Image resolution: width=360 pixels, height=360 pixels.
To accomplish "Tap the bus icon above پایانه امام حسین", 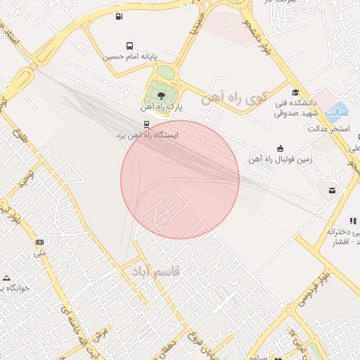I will (x=128, y=45).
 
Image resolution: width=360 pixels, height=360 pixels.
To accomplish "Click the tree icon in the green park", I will (x=162, y=95).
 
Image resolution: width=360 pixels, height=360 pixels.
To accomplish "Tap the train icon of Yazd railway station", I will (x=146, y=124).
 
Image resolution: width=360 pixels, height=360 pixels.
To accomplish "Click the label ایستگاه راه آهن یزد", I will (x=147, y=134).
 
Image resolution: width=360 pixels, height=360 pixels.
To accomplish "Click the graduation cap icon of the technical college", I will (x=296, y=91).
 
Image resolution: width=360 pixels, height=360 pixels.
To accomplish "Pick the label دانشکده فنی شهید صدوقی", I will (x=298, y=107).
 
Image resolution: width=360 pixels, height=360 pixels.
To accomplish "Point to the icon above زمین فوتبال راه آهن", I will (x=281, y=148).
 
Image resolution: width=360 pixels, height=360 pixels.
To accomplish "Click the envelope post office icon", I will (x=331, y=191).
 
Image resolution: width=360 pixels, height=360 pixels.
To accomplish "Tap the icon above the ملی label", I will (x=39, y=241).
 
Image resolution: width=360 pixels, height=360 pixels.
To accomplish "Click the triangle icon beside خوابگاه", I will (x=6, y=277).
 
